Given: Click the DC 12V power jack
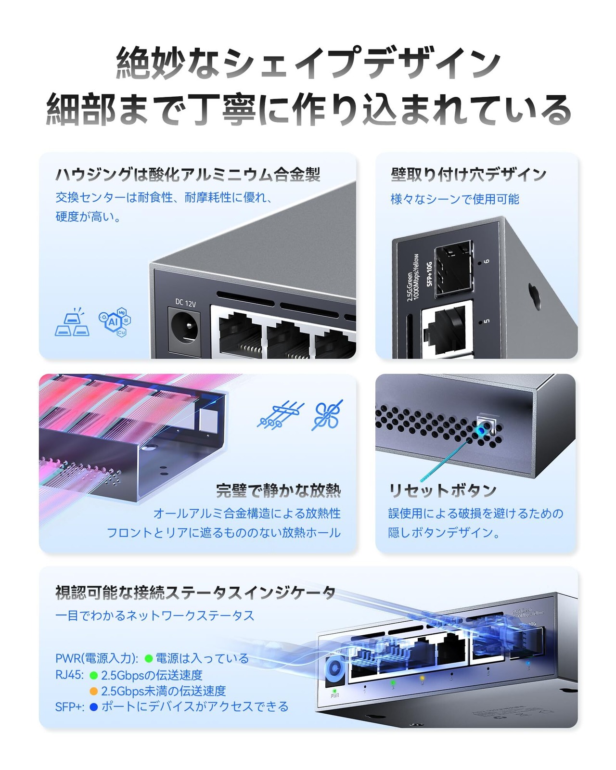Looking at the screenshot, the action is click(x=184, y=329).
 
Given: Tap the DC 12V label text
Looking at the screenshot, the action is click(x=185, y=303).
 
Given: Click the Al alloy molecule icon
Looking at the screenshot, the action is click(x=115, y=321).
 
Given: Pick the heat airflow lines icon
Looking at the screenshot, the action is click(x=281, y=415).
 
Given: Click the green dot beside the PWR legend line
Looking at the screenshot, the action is click(x=149, y=658).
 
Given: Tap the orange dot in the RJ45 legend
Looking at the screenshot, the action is click(x=94, y=691).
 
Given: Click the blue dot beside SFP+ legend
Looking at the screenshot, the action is click(x=94, y=707).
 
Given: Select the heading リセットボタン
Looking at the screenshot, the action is click(x=442, y=490).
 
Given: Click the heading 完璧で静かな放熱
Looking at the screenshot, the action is click(x=278, y=490).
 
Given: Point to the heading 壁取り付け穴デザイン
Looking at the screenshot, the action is click(x=468, y=174).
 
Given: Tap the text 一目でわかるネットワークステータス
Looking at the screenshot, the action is click(x=154, y=616).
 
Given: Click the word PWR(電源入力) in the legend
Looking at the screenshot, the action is click(x=97, y=658).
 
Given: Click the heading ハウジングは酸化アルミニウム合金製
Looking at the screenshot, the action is click(x=188, y=174).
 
